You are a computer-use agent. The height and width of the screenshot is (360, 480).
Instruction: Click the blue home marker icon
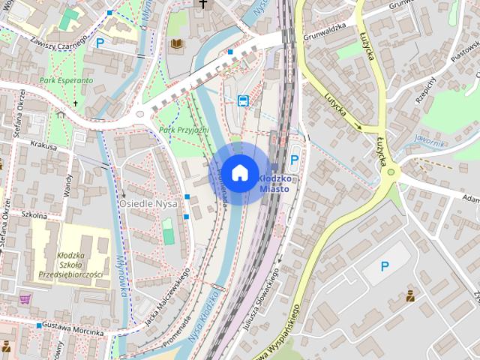(239, 172)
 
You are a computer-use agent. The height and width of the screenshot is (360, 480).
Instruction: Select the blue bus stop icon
(243, 100)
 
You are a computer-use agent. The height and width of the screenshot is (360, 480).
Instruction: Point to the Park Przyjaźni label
(182, 130)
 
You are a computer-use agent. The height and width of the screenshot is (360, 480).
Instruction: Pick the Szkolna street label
(34, 215)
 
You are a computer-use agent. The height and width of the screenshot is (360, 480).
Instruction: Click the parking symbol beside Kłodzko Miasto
(295, 160)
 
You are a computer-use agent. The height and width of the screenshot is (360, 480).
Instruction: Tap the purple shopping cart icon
(25, 298)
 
